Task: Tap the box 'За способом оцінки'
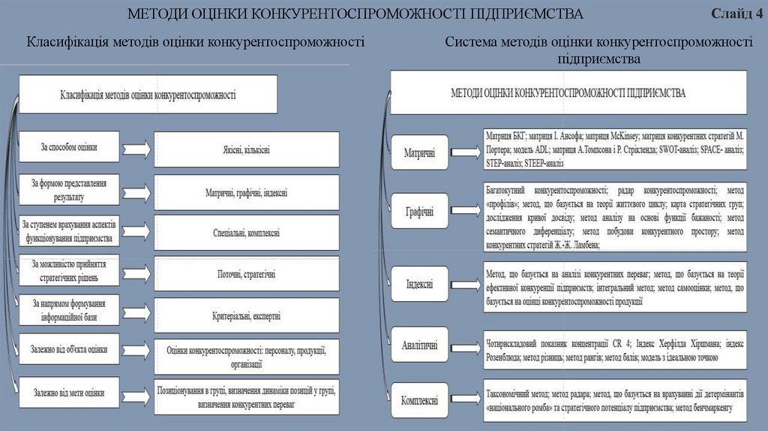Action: (69, 147)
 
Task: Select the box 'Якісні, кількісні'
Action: (245, 149)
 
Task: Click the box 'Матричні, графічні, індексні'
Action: (246, 192)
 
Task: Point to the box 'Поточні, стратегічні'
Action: (246, 274)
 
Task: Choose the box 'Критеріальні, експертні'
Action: (246, 315)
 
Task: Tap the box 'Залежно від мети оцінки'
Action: (69, 392)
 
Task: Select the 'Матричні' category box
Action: (420, 152)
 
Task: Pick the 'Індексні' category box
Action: (420, 285)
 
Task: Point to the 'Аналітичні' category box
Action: (420, 346)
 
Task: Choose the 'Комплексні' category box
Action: (420, 400)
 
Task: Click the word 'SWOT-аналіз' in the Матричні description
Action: (679, 149)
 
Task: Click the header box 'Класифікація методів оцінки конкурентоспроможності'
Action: (148, 95)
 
